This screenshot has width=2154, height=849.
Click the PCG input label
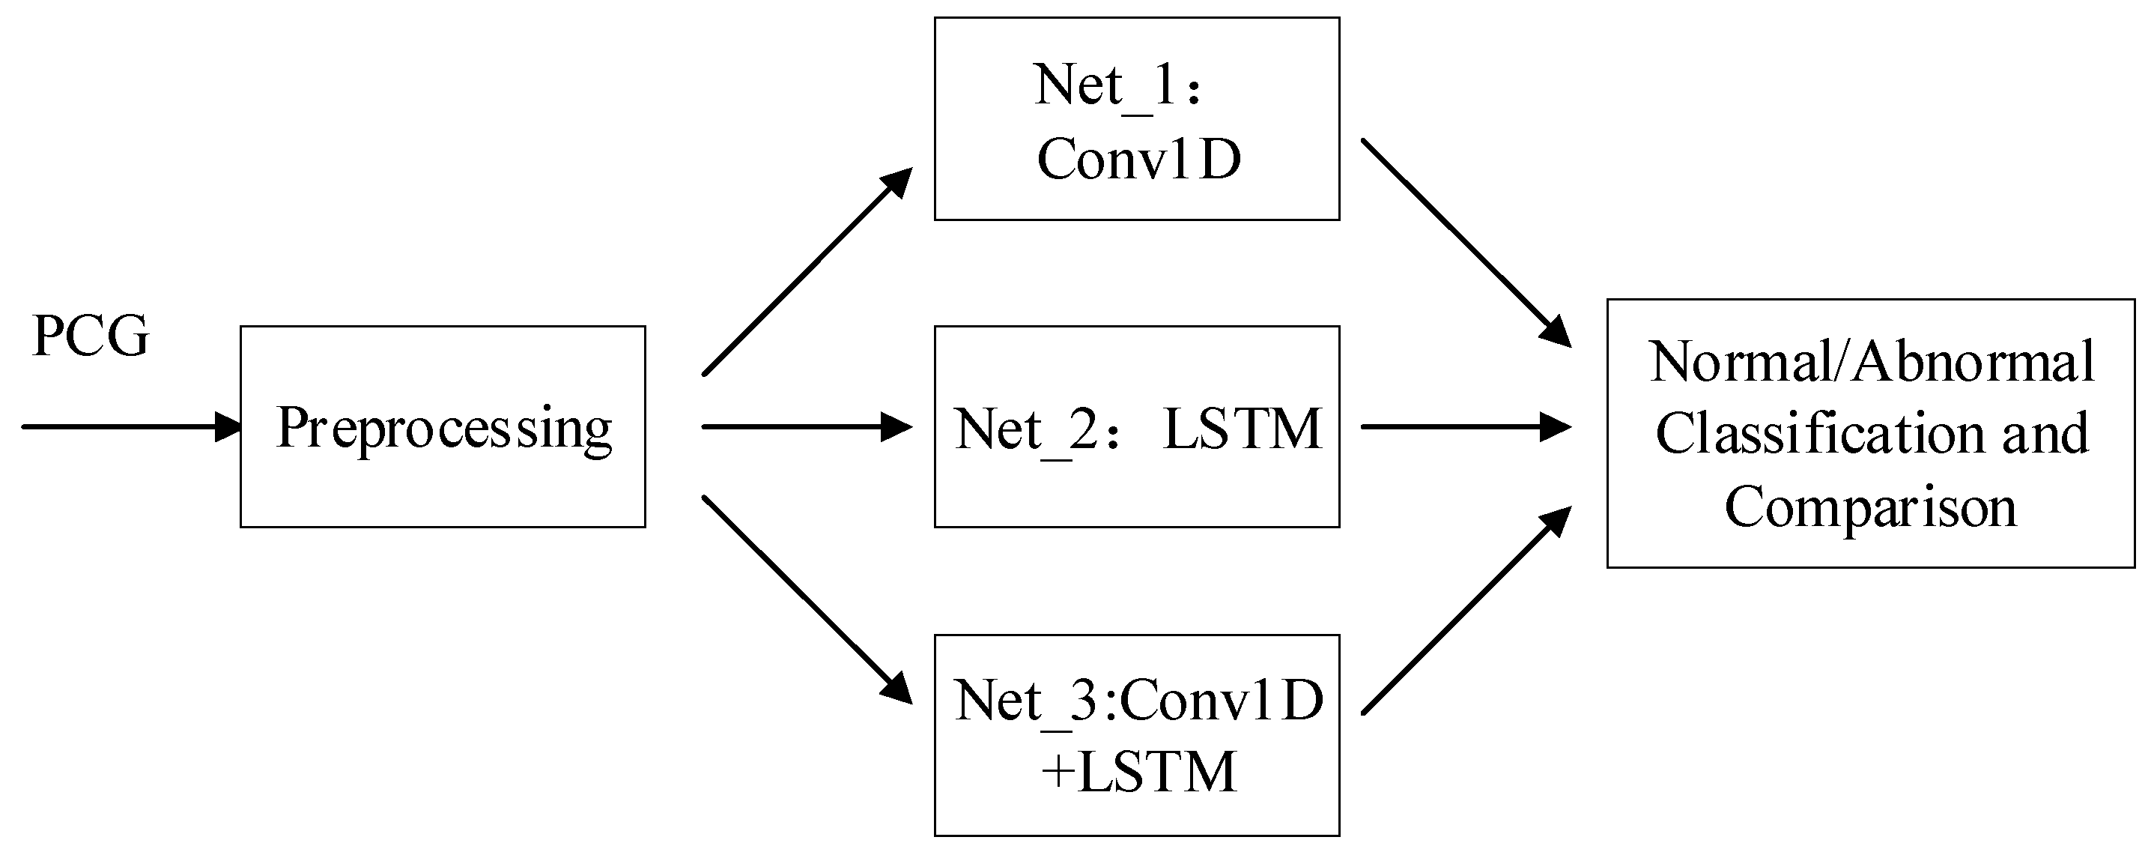(91, 336)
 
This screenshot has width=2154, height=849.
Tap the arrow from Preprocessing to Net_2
(807, 426)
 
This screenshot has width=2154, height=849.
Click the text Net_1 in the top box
(1104, 85)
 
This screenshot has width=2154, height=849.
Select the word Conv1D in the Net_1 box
(1139, 159)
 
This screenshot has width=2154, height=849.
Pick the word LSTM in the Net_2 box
(1243, 429)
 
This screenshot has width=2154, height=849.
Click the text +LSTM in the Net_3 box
(1139, 771)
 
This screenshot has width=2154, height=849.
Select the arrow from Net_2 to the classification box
(1465, 426)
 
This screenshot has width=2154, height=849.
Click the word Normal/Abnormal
(1872, 362)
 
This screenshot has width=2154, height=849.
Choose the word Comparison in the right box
(1871, 507)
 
